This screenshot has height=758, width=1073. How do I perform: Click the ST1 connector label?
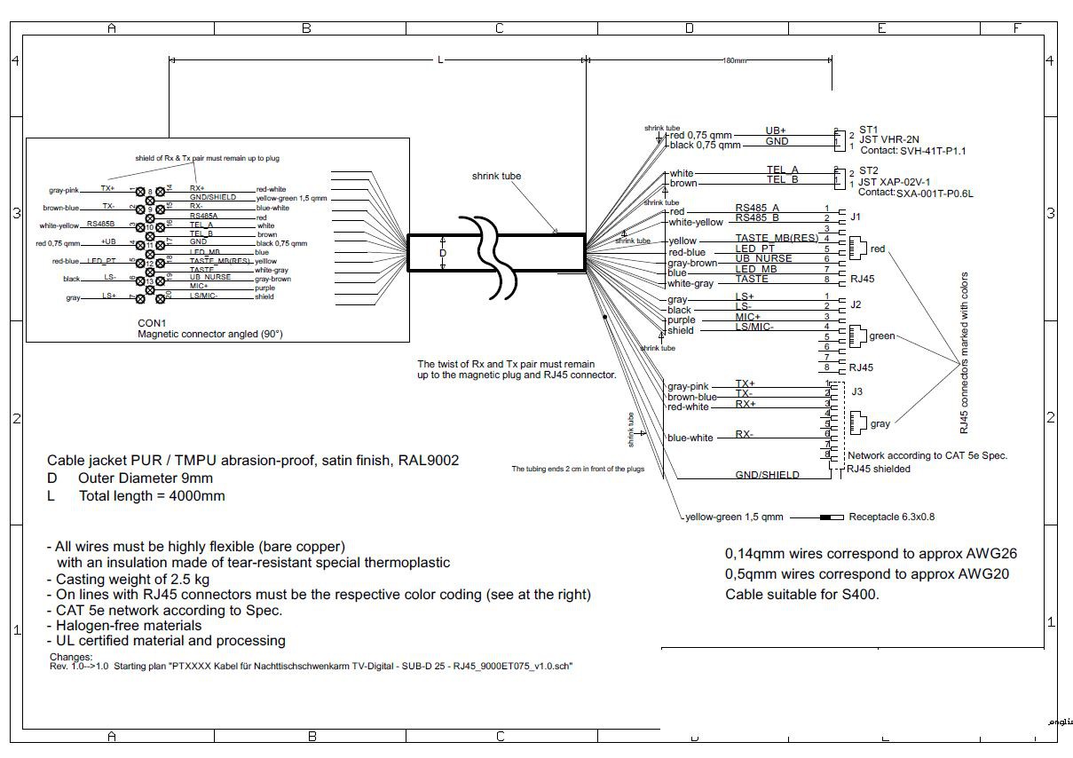pos(867,130)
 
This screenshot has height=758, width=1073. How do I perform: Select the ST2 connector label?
pos(867,170)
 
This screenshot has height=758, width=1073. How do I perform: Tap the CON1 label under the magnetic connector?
pos(152,322)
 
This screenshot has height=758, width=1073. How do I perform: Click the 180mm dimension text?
pos(734,60)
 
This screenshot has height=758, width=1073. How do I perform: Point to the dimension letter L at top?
pos(440,59)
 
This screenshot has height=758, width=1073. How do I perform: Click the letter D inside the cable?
pos(443,253)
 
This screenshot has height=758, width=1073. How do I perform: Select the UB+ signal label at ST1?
pos(776,130)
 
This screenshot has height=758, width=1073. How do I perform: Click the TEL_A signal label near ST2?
pos(782,170)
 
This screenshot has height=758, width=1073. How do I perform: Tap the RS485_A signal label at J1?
pos(756,208)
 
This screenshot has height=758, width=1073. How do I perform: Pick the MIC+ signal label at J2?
pos(747,317)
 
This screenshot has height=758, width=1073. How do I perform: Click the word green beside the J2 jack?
pos(882,336)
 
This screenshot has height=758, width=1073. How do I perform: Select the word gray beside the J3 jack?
pos(880,424)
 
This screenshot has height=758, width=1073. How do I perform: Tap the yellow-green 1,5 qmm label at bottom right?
pos(733,517)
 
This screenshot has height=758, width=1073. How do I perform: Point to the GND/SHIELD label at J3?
pos(767,475)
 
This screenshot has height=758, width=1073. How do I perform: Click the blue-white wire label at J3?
pos(690,438)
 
